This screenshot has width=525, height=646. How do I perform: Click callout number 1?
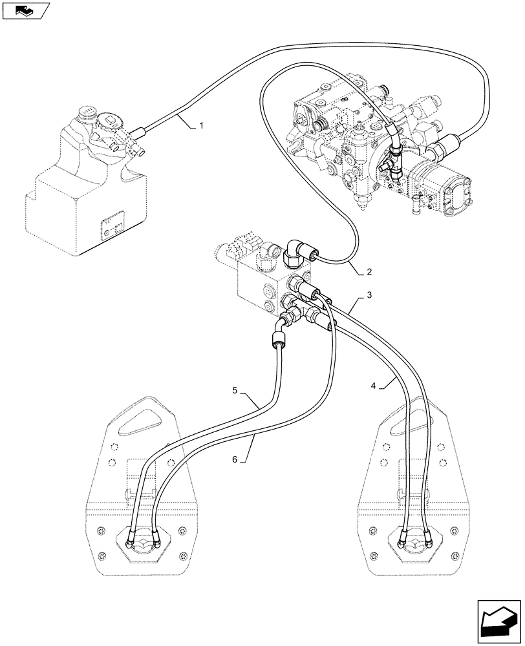(x=201, y=125)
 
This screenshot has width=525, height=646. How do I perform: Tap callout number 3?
(x=369, y=295)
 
